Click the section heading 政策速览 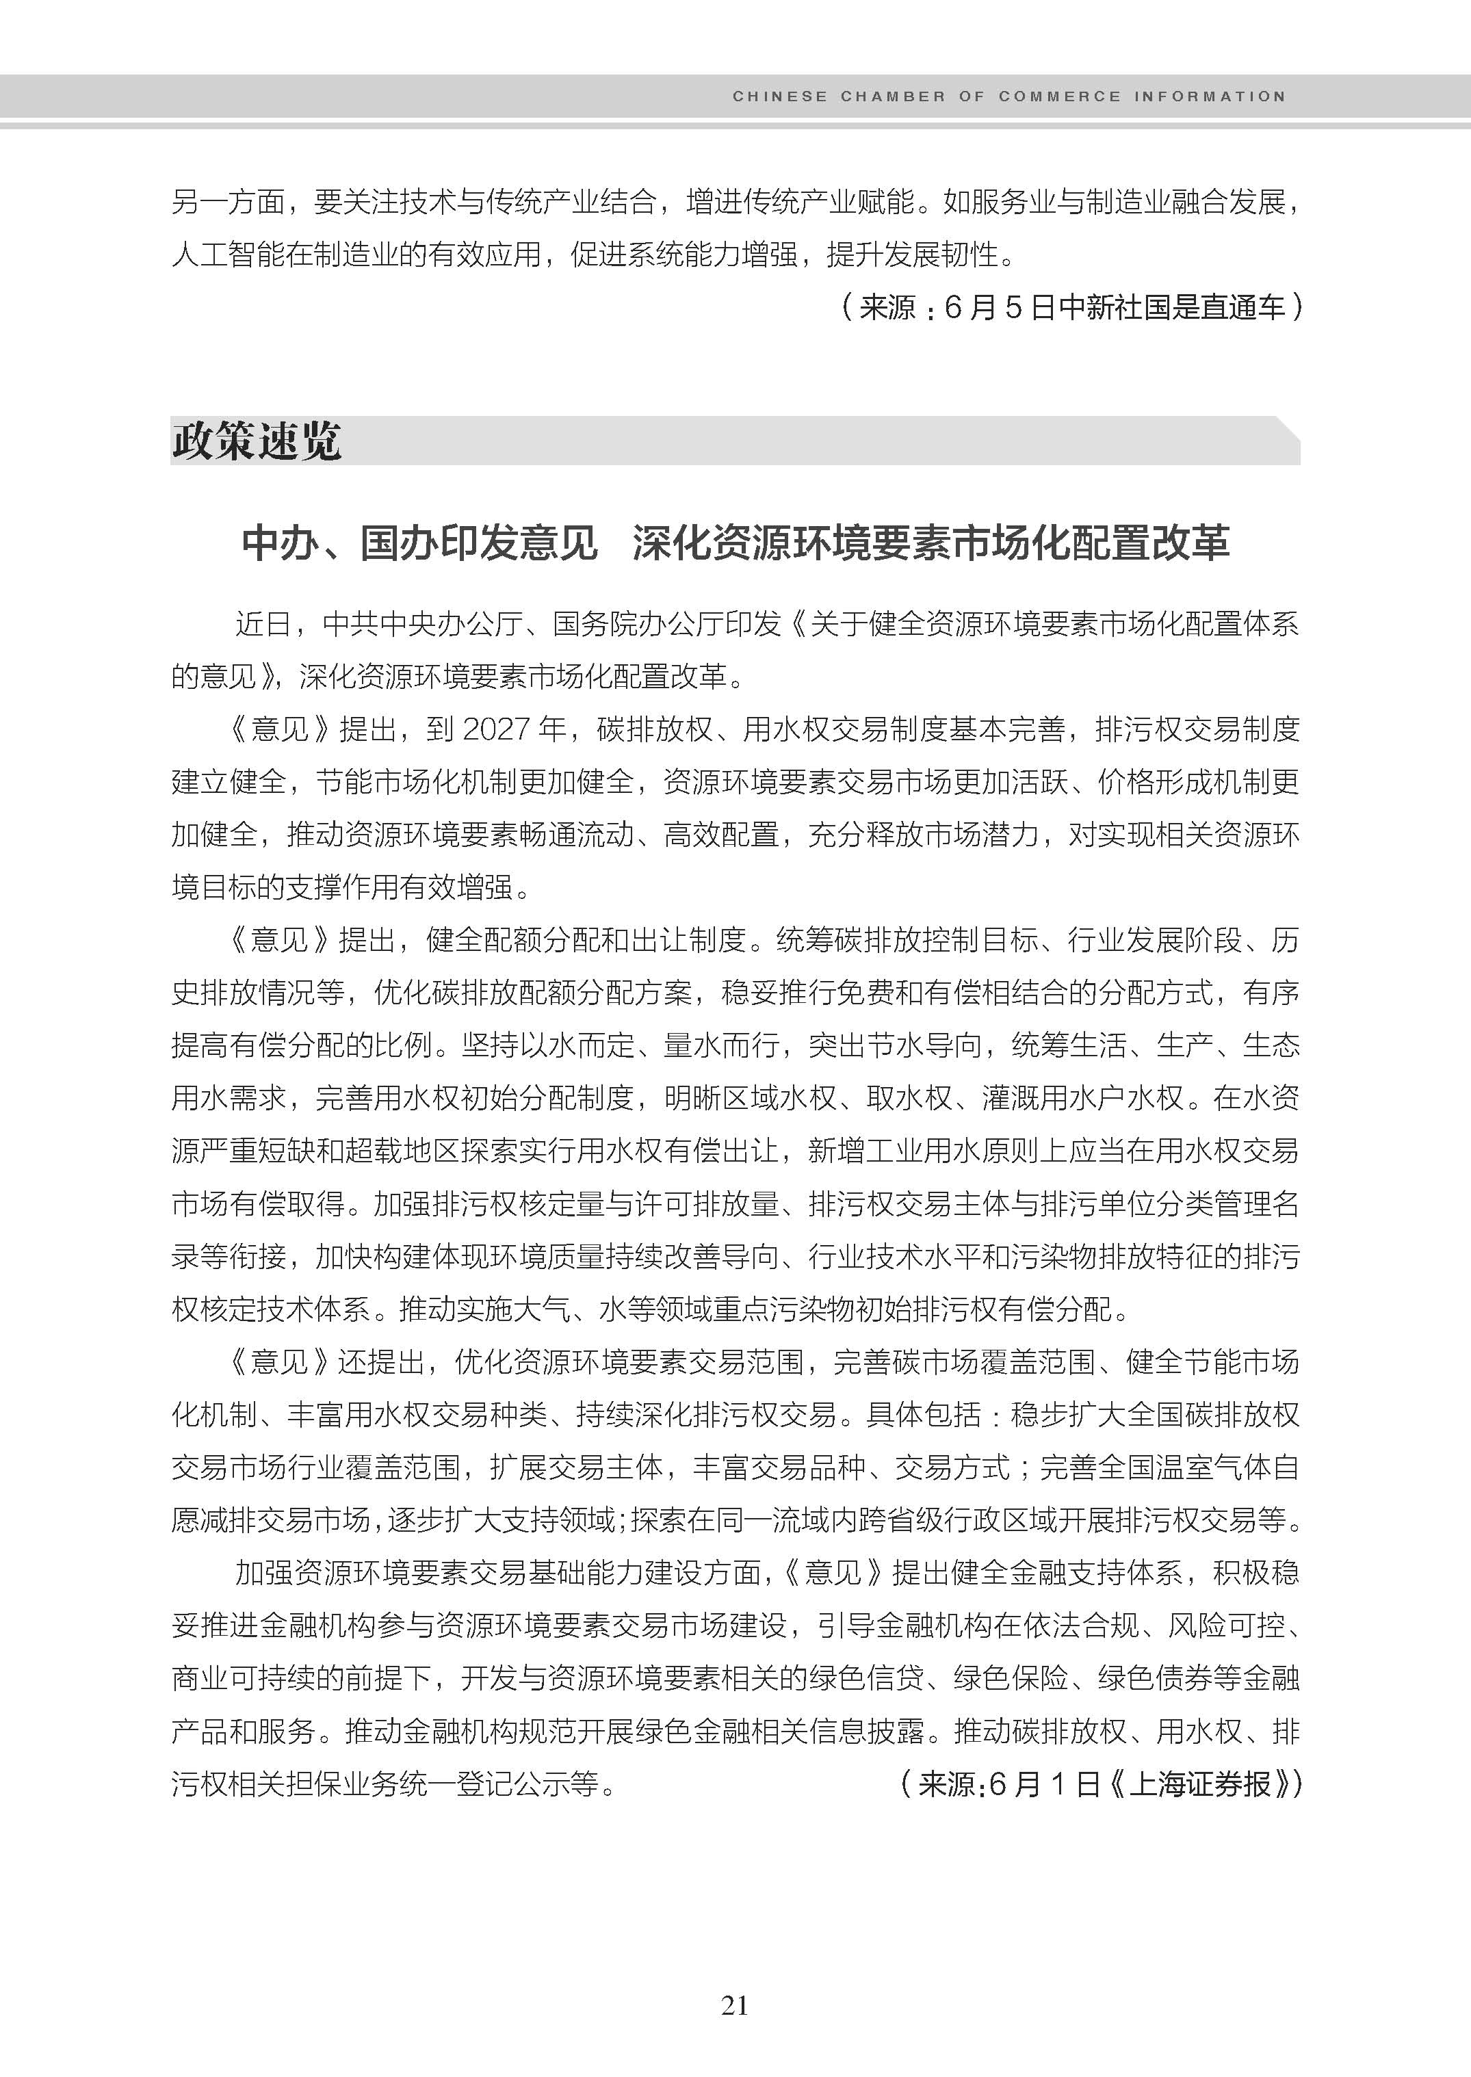pos(257,441)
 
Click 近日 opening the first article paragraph pos(263,624)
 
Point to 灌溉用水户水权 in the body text pos(1082,1098)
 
